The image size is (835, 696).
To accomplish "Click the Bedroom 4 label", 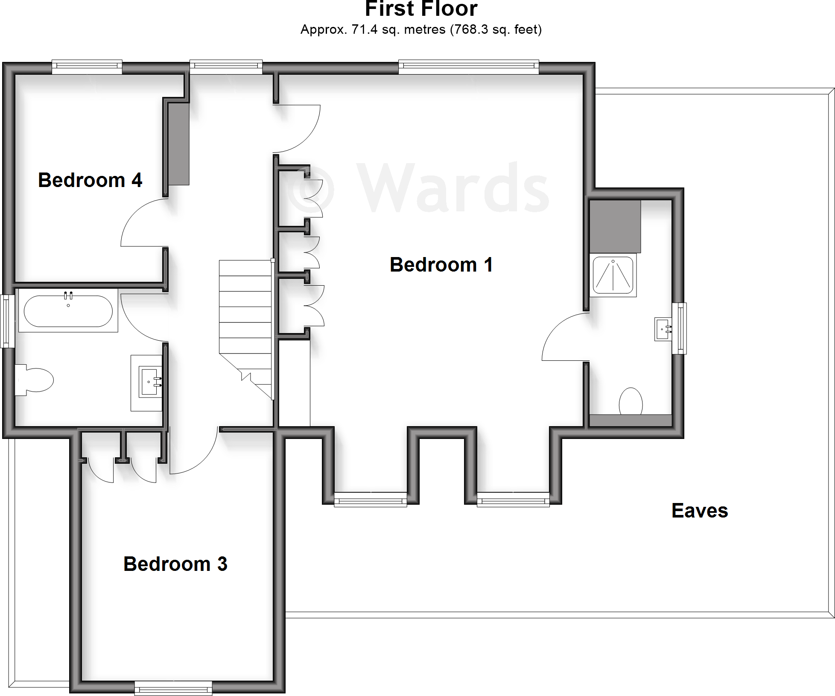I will [90, 180].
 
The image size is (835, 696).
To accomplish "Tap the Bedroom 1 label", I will [441, 265].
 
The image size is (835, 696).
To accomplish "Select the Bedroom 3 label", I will [175, 564].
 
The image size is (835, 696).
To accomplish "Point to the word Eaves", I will [700, 511].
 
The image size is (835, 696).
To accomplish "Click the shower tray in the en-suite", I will [613, 275].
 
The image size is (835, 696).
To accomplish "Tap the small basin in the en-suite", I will [662, 329].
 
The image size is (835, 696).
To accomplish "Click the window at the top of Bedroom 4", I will [87, 66].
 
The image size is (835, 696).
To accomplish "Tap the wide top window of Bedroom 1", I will [468, 66].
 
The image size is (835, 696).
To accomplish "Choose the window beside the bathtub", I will [6, 321].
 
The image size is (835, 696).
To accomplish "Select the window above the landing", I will [226, 66].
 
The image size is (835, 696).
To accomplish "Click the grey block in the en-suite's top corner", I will [615, 226].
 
